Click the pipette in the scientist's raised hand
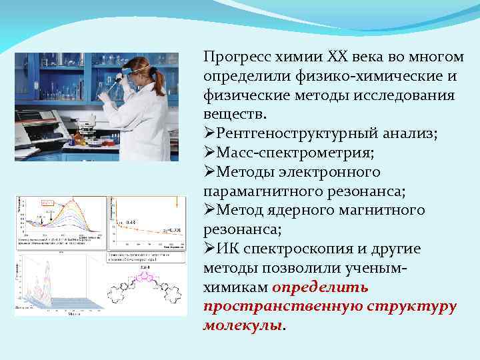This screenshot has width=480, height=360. tap(116, 83)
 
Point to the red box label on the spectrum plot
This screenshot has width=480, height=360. tap(48, 203)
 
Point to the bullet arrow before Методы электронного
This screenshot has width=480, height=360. tap(209, 172)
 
